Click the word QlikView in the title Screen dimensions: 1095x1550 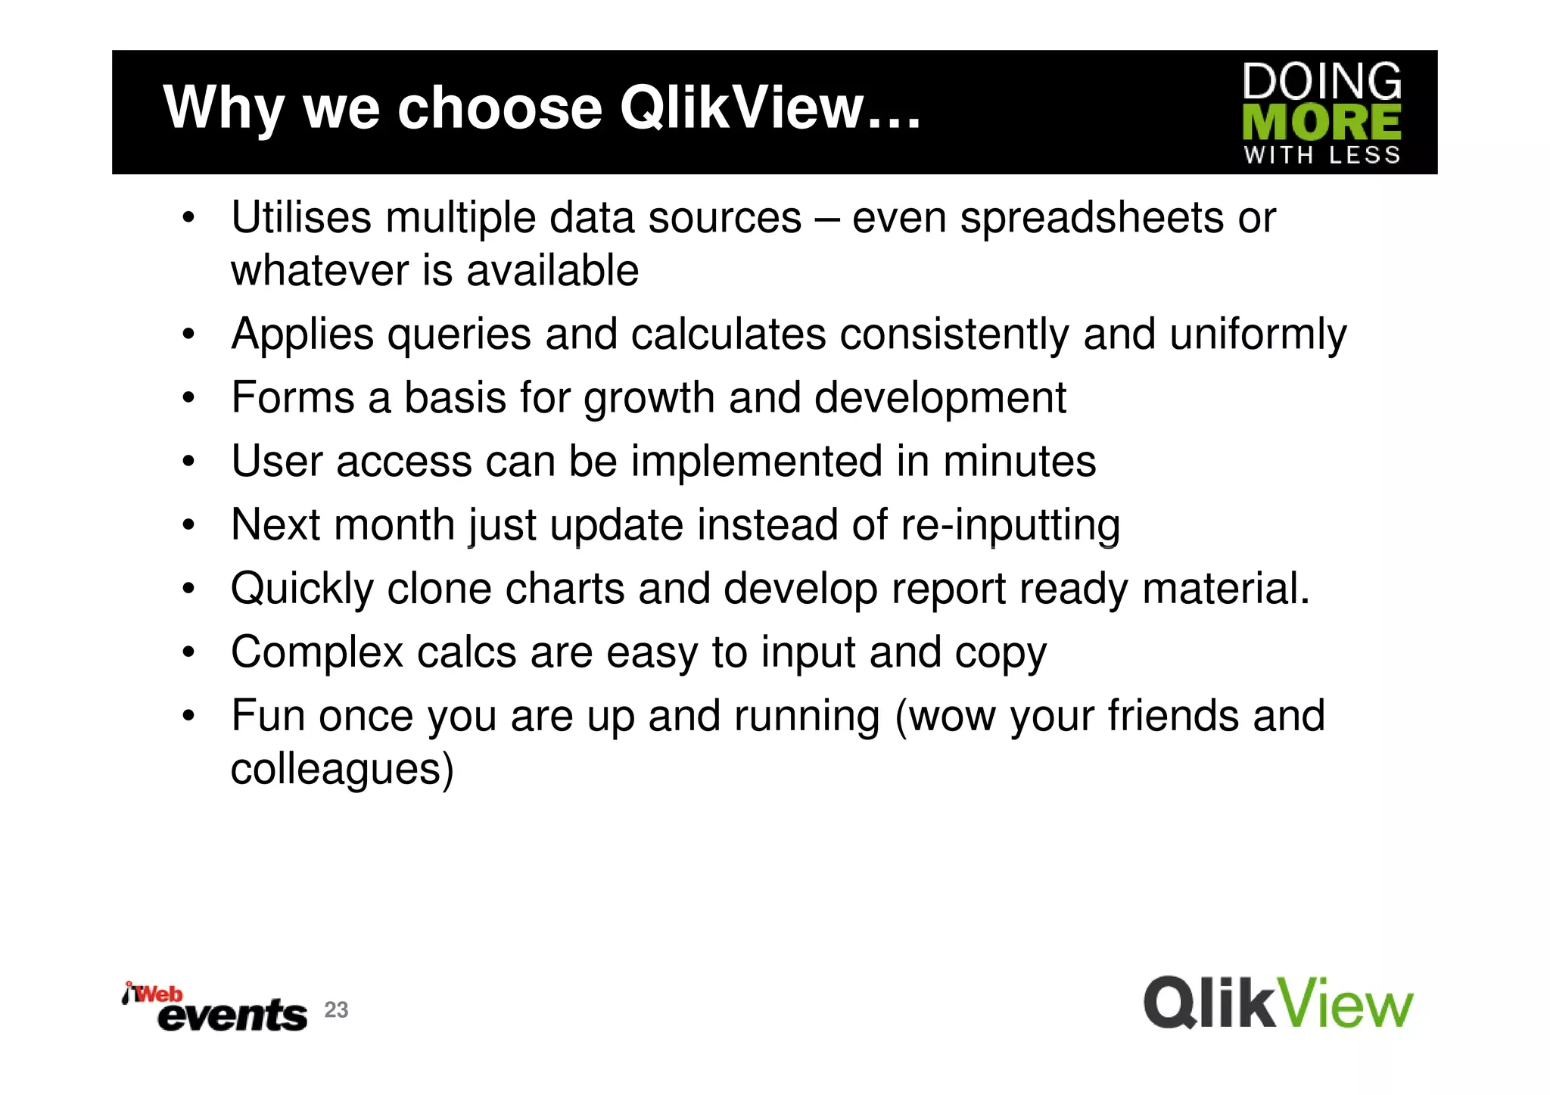click(742, 107)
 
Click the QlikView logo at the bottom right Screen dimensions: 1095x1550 click(1278, 1003)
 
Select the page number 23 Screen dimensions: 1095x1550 click(336, 1009)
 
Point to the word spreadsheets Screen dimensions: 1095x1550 click(1091, 218)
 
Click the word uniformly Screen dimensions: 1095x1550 click(1258, 334)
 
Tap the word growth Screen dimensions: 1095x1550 click(649, 398)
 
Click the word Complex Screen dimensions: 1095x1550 click(317, 652)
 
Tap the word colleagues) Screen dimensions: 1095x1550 click(342, 769)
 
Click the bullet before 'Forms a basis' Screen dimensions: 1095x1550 click(188, 398)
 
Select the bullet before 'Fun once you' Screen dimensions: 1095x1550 click(188, 716)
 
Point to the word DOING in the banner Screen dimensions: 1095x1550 click(1321, 82)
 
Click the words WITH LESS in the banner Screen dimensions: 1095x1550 click(1321, 155)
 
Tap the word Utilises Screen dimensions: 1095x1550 click(301, 218)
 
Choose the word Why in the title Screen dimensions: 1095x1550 click(224, 107)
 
